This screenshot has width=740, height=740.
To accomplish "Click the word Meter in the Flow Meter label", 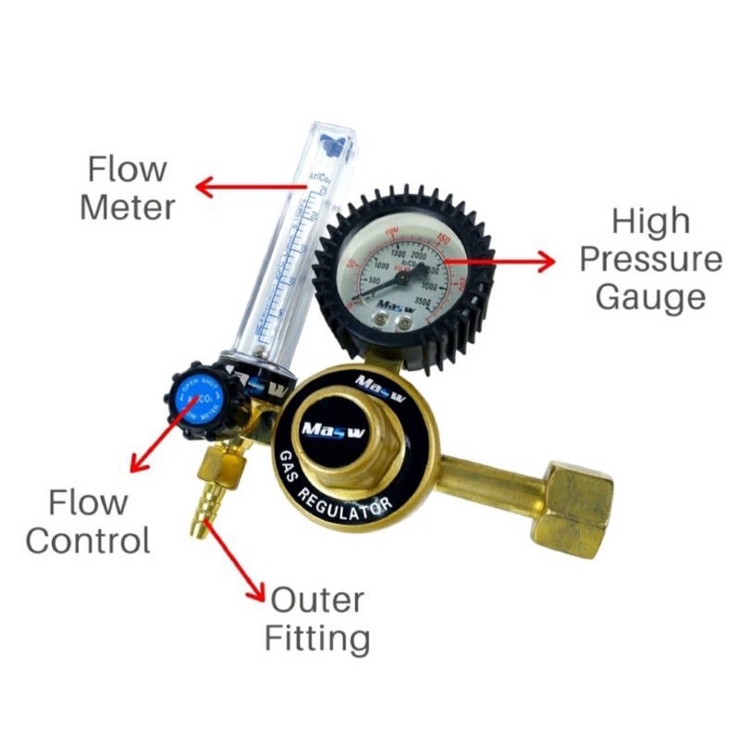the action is [127, 206].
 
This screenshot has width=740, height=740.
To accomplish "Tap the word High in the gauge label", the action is [650, 222].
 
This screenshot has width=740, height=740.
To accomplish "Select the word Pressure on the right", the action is [650, 259].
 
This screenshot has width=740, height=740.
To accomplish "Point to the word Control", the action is [88, 539].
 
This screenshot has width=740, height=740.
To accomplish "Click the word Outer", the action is [317, 601].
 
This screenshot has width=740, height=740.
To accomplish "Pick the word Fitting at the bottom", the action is [317, 638].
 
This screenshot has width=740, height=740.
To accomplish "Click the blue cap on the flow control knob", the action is [198, 399].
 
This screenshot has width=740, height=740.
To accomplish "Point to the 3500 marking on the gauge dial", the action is [428, 302].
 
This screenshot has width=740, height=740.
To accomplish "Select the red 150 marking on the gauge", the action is [444, 240].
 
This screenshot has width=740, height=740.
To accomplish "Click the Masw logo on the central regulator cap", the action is [327, 428].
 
